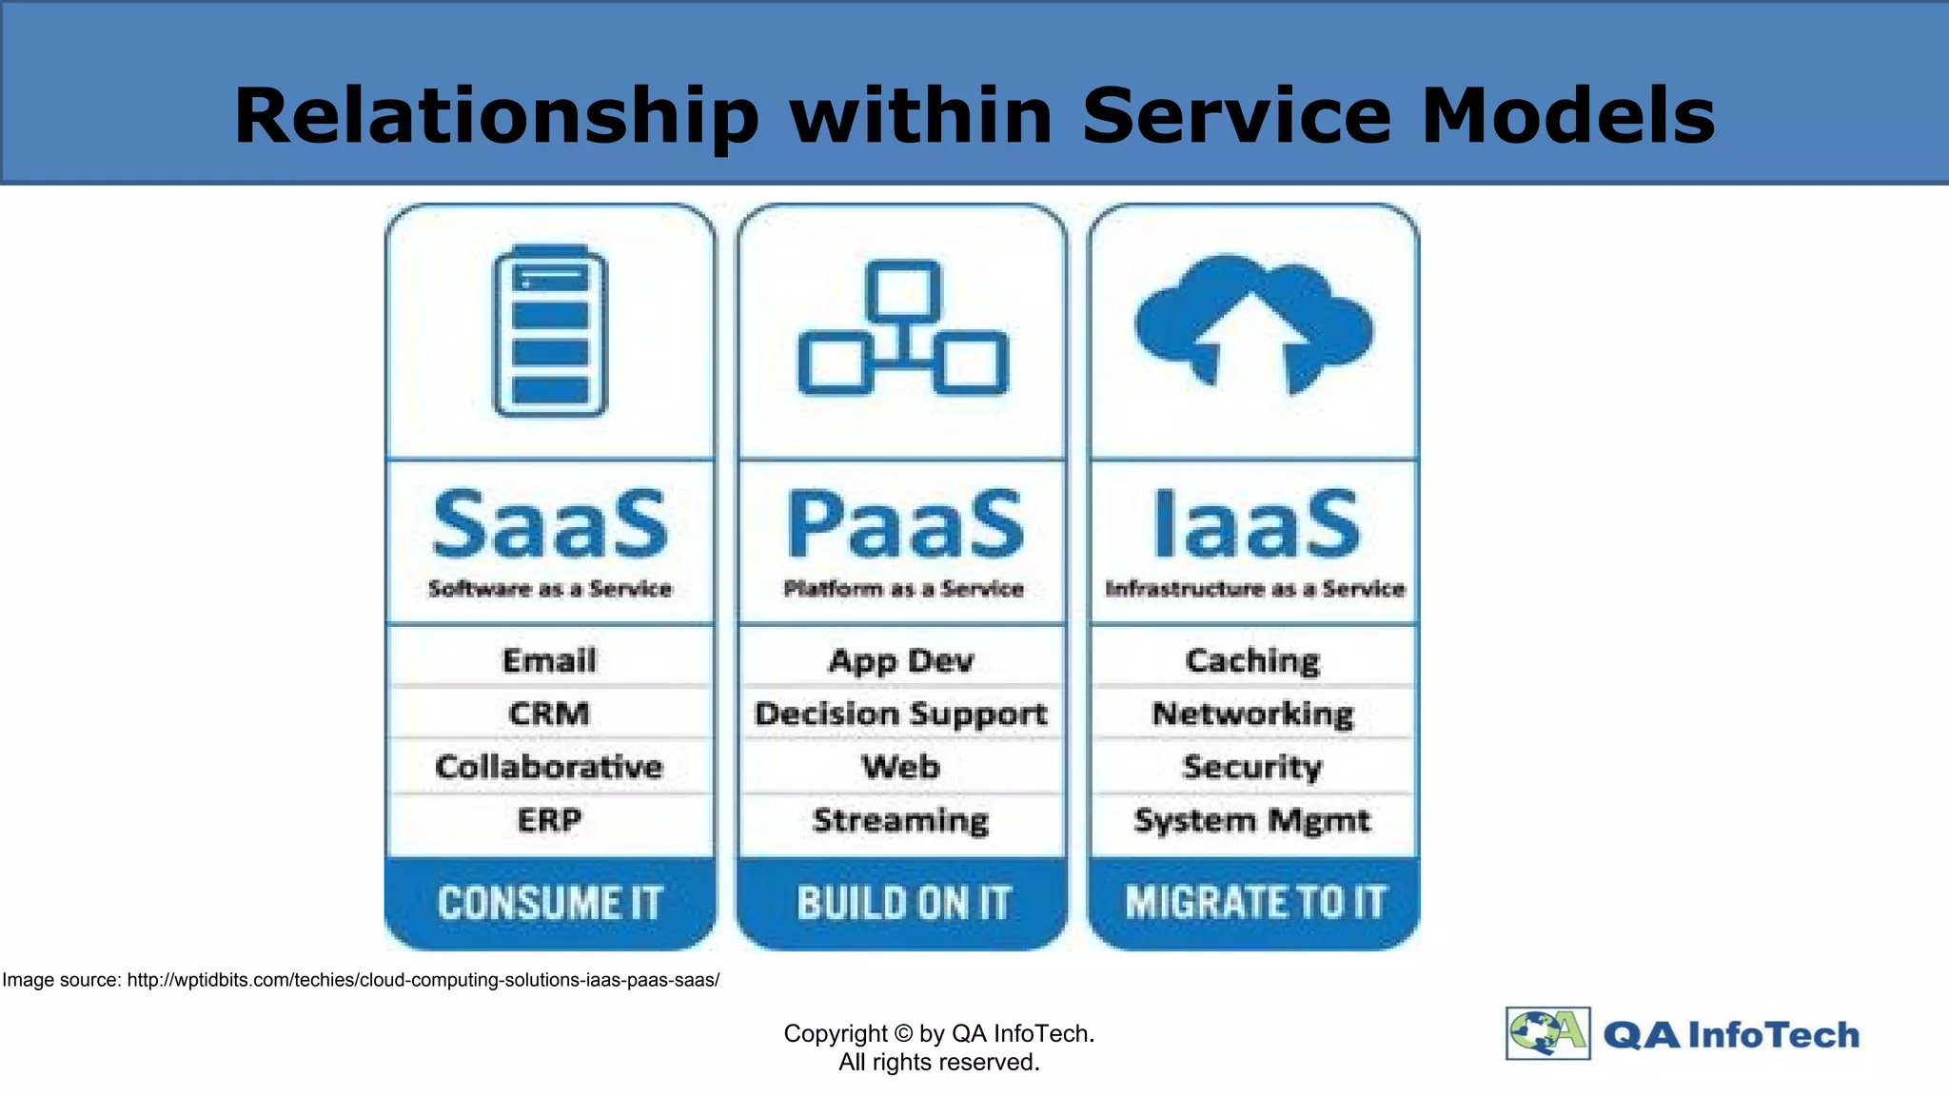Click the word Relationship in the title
(496, 116)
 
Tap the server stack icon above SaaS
(550, 331)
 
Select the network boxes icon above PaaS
(902, 328)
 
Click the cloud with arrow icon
(1253, 323)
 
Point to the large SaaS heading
(550, 524)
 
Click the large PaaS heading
(905, 524)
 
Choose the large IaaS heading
(1256, 524)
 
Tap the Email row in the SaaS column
(549, 660)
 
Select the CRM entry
(549, 714)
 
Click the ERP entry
(549, 820)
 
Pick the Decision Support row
(901, 714)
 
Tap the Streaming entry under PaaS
(901, 820)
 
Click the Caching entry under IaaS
(1252, 660)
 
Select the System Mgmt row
(1252, 820)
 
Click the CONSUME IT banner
(550, 903)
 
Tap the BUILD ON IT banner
(903, 903)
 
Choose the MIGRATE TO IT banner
(1255, 902)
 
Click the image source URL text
(423, 980)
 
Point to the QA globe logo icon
(1547, 1033)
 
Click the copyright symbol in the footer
(904, 1034)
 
